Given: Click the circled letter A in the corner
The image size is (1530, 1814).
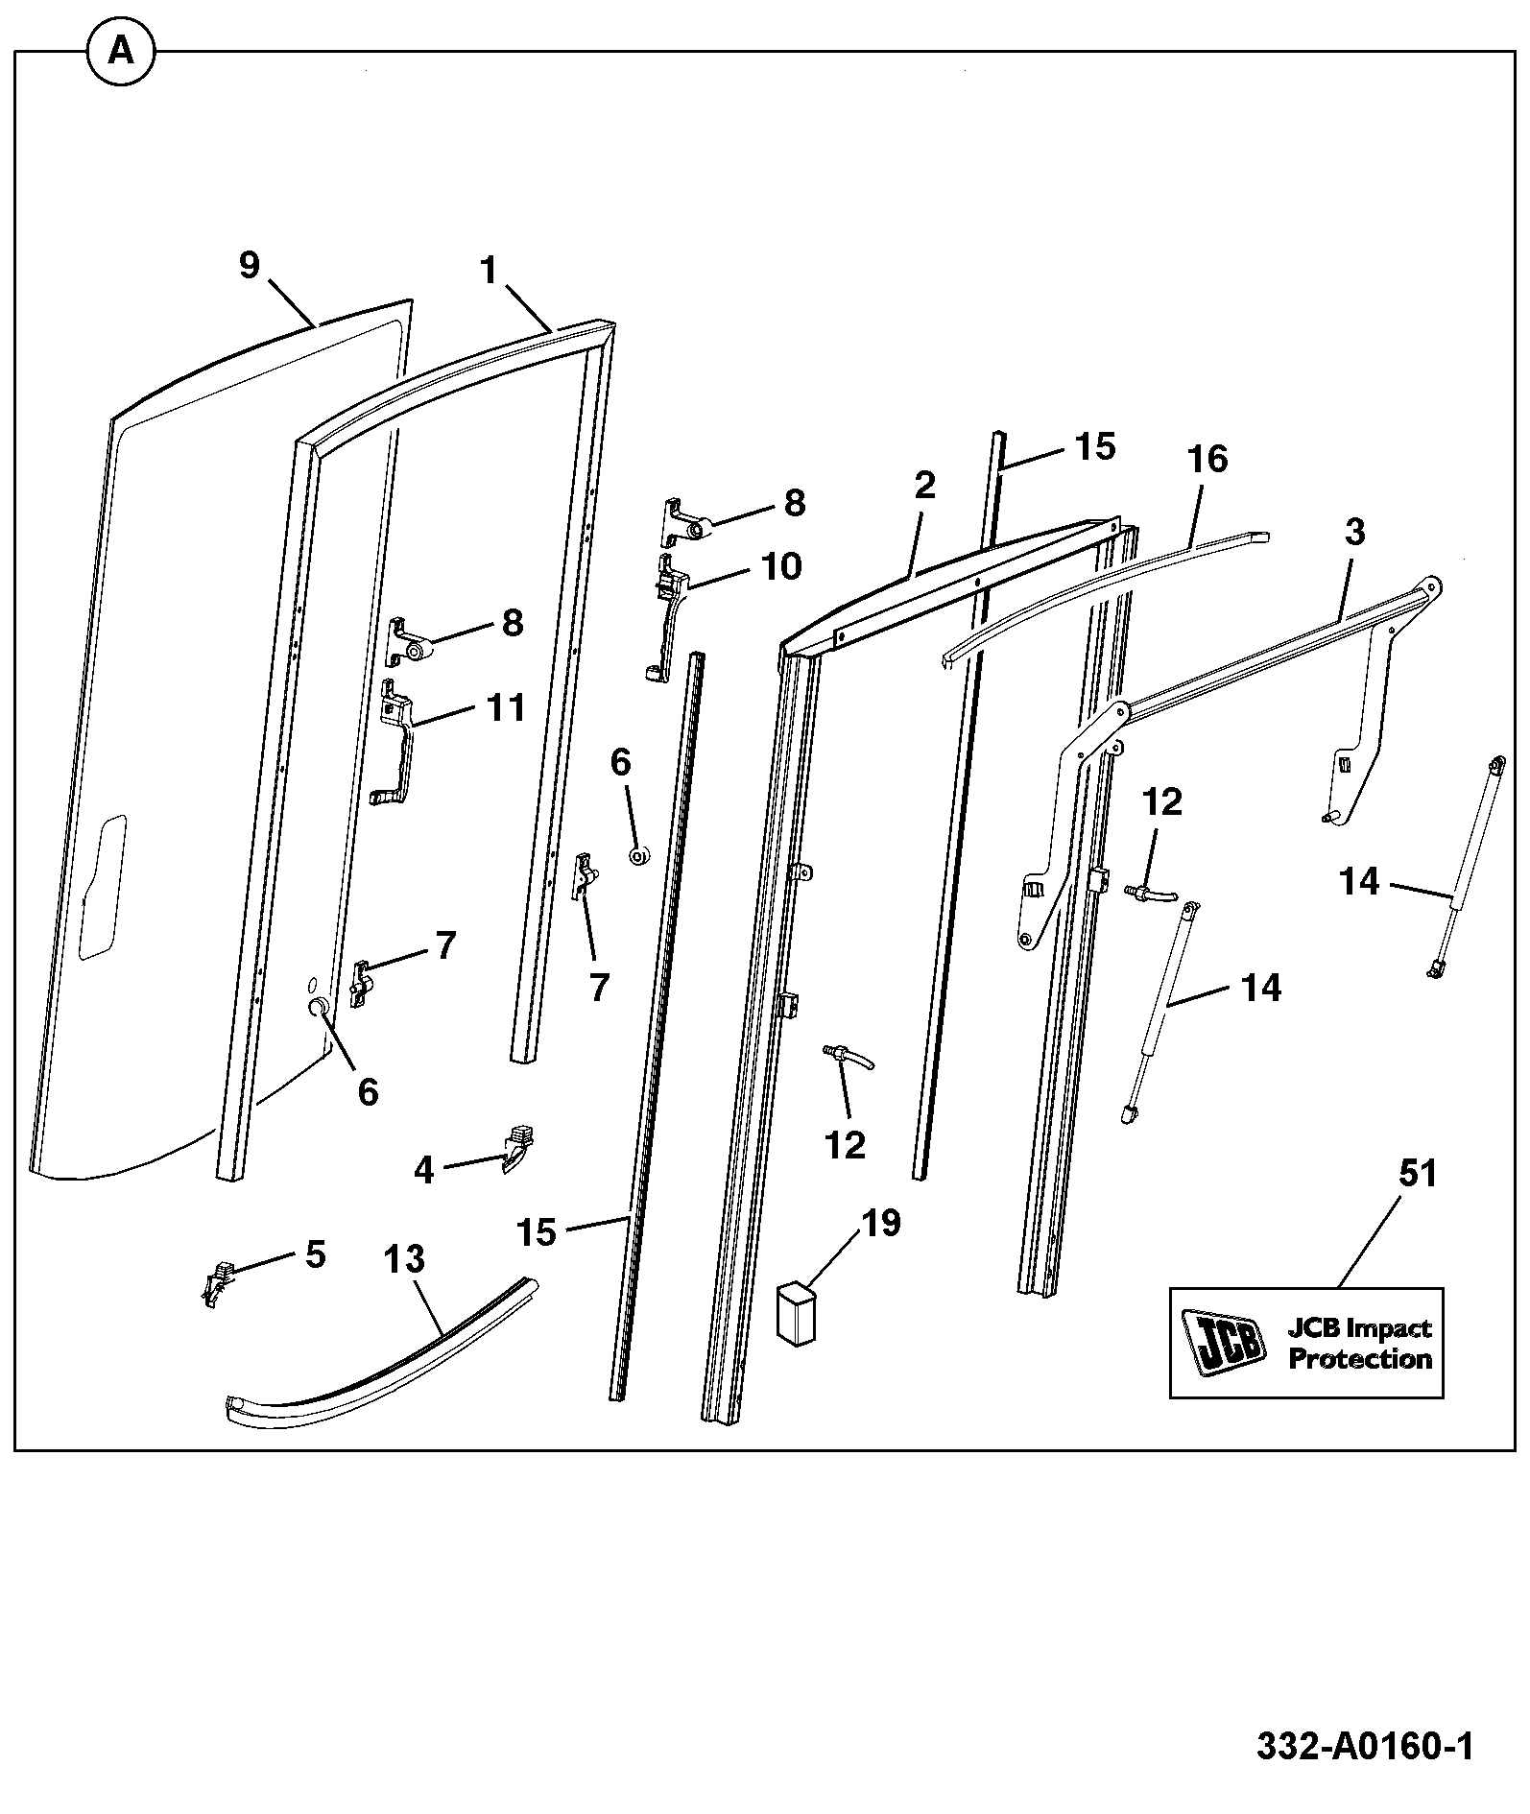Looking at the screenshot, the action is point(121,50).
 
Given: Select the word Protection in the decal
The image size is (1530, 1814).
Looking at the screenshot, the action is point(1359,1359).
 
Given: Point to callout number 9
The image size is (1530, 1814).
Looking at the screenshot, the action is point(249,264).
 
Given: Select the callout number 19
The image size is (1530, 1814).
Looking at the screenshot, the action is point(880,1223).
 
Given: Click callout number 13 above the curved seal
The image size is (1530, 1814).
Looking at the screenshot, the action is point(403,1257).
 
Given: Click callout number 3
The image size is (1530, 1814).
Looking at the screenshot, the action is point(1354,532).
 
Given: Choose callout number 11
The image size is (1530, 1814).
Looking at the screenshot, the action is point(506,707).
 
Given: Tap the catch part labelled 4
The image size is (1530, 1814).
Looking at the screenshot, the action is point(515,1149).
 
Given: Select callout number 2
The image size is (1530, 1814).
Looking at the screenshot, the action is point(924,485).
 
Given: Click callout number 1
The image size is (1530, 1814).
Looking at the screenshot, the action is point(490,271).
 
